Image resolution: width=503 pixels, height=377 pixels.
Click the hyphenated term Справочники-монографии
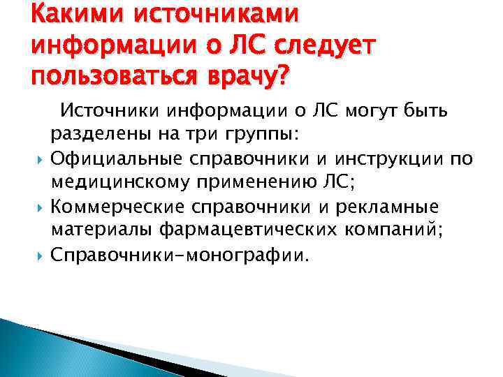[x=179, y=254]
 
